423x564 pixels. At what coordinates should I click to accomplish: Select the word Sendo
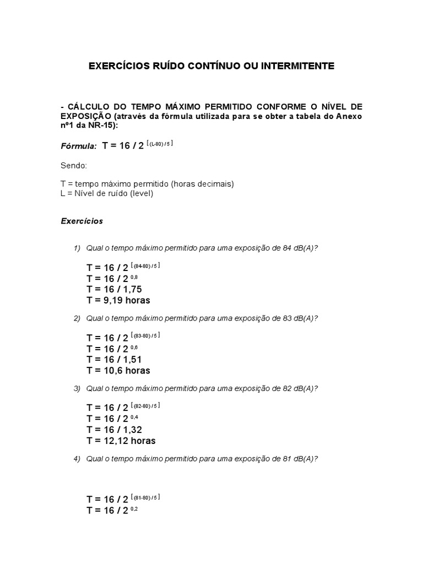click(x=73, y=165)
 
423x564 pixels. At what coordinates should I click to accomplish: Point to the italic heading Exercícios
click(x=82, y=221)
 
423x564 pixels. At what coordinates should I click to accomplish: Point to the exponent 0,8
click(x=134, y=276)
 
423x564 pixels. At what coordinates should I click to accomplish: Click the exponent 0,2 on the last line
click(x=134, y=508)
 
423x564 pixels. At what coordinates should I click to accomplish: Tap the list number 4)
click(x=77, y=459)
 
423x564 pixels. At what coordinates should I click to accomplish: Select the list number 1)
click(x=77, y=248)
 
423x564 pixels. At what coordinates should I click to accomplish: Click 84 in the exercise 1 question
click(x=287, y=248)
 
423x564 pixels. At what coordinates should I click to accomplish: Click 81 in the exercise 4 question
click(x=287, y=459)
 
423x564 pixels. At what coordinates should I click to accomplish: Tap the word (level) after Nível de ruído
click(x=142, y=193)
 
